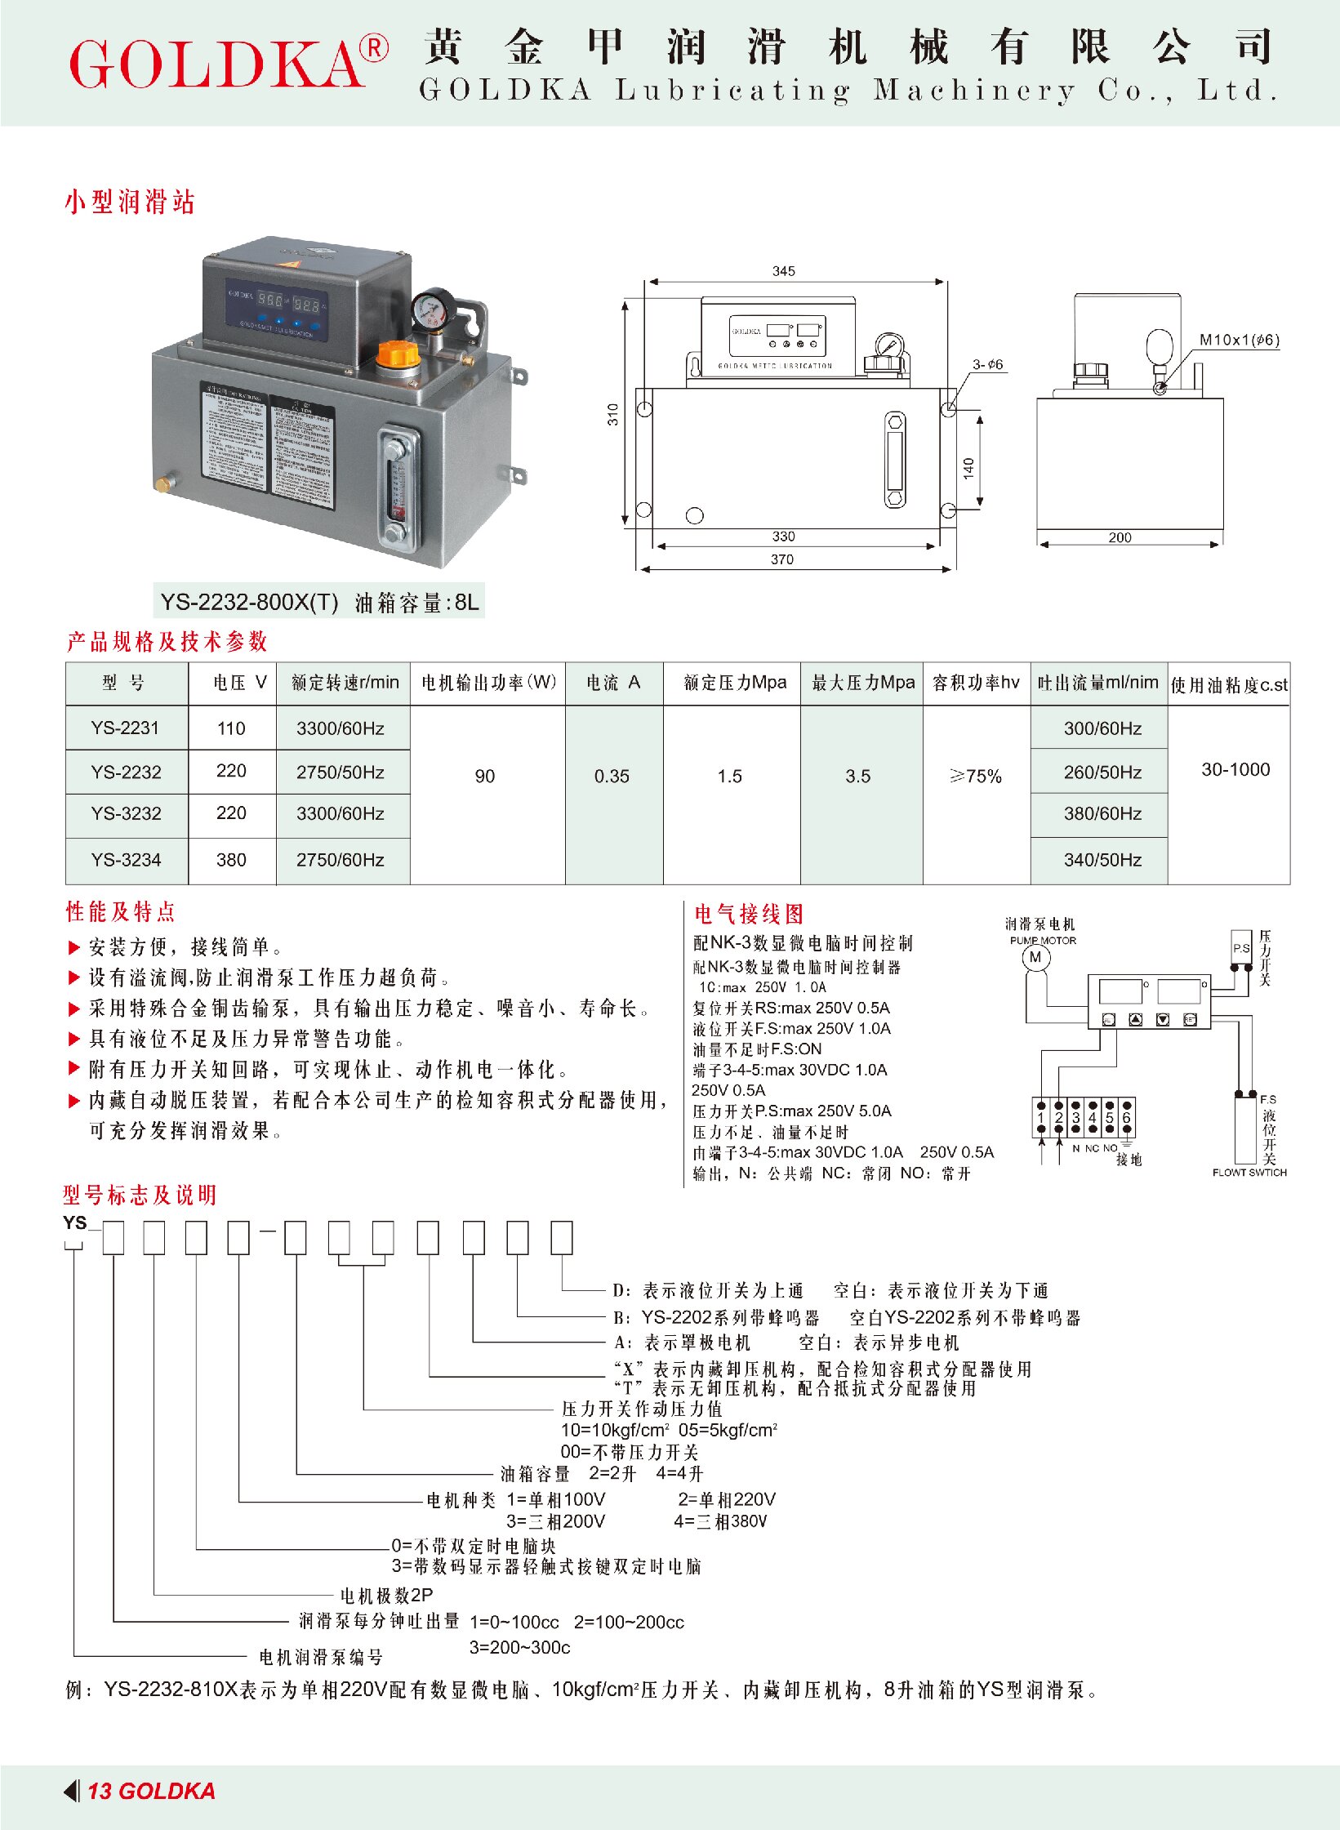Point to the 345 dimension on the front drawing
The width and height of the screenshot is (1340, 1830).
(783, 271)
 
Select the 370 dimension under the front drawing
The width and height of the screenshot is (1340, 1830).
(781, 559)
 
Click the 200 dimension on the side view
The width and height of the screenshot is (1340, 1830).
(1120, 537)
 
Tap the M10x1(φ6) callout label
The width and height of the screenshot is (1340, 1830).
(1238, 340)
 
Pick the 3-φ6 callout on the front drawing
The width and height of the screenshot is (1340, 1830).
(987, 364)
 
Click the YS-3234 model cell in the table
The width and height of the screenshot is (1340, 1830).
(126, 859)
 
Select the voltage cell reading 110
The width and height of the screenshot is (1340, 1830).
(231, 728)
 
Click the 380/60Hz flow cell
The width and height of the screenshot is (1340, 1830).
(1102, 813)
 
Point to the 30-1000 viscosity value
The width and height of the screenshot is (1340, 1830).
(1235, 769)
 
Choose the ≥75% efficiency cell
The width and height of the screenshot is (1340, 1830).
(976, 776)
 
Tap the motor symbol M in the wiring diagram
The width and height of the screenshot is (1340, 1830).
(1035, 958)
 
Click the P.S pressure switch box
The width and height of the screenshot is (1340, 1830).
(1241, 948)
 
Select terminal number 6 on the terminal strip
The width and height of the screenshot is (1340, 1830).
(1126, 1117)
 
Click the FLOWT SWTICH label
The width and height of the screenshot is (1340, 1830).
(1249, 1173)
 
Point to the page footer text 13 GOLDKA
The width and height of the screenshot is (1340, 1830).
(151, 1791)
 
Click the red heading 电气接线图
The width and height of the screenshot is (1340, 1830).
(749, 914)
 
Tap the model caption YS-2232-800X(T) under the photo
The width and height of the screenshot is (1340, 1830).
(249, 603)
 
